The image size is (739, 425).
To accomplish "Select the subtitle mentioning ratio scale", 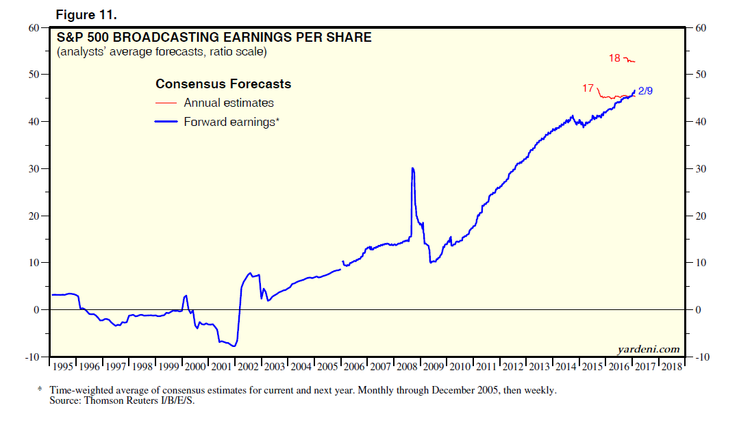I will (162, 52).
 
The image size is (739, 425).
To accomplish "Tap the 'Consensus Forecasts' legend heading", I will (223, 84).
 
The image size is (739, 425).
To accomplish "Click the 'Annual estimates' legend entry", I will (229, 103).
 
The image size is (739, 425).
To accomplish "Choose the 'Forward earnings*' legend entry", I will (231, 122).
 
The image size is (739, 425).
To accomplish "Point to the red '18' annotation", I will (614, 58).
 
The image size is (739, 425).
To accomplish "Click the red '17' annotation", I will (588, 88).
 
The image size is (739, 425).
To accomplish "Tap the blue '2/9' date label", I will (644, 90).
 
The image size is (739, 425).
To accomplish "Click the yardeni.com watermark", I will (648, 349).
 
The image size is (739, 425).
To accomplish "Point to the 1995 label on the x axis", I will (63, 366).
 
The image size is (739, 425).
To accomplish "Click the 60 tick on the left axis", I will (33, 28).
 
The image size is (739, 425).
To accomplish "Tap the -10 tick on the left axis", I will (31, 357).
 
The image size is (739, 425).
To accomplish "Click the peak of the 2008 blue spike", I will (412, 168).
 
